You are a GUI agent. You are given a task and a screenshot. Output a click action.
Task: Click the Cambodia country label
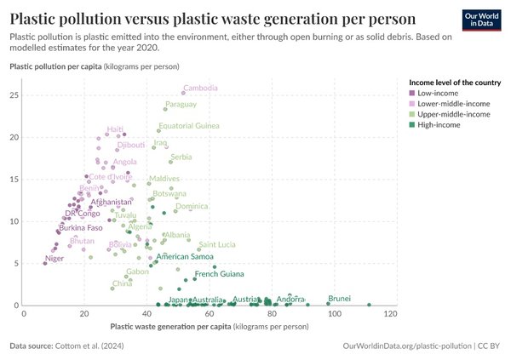coord(201,88)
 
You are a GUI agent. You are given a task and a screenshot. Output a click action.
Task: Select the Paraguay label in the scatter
coord(181,104)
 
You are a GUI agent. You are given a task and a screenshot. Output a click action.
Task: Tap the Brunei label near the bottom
coord(339,299)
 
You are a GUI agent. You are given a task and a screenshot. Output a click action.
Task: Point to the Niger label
coord(55,258)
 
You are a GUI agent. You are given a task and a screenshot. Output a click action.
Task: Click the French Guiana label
coord(219,274)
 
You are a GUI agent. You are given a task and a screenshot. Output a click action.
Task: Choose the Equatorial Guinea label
coord(189,125)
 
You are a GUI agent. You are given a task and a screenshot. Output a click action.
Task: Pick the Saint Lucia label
coord(216,244)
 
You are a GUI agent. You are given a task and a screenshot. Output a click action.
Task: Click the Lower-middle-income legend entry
coord(450,103)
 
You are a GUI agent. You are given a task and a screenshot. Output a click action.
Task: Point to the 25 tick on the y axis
coord(14,94)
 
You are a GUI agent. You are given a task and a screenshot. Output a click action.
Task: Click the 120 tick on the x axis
coord(390,315)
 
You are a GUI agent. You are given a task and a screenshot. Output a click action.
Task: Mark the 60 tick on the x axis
coord(209,315)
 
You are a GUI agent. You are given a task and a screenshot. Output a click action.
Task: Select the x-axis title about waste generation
coord(209,326)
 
